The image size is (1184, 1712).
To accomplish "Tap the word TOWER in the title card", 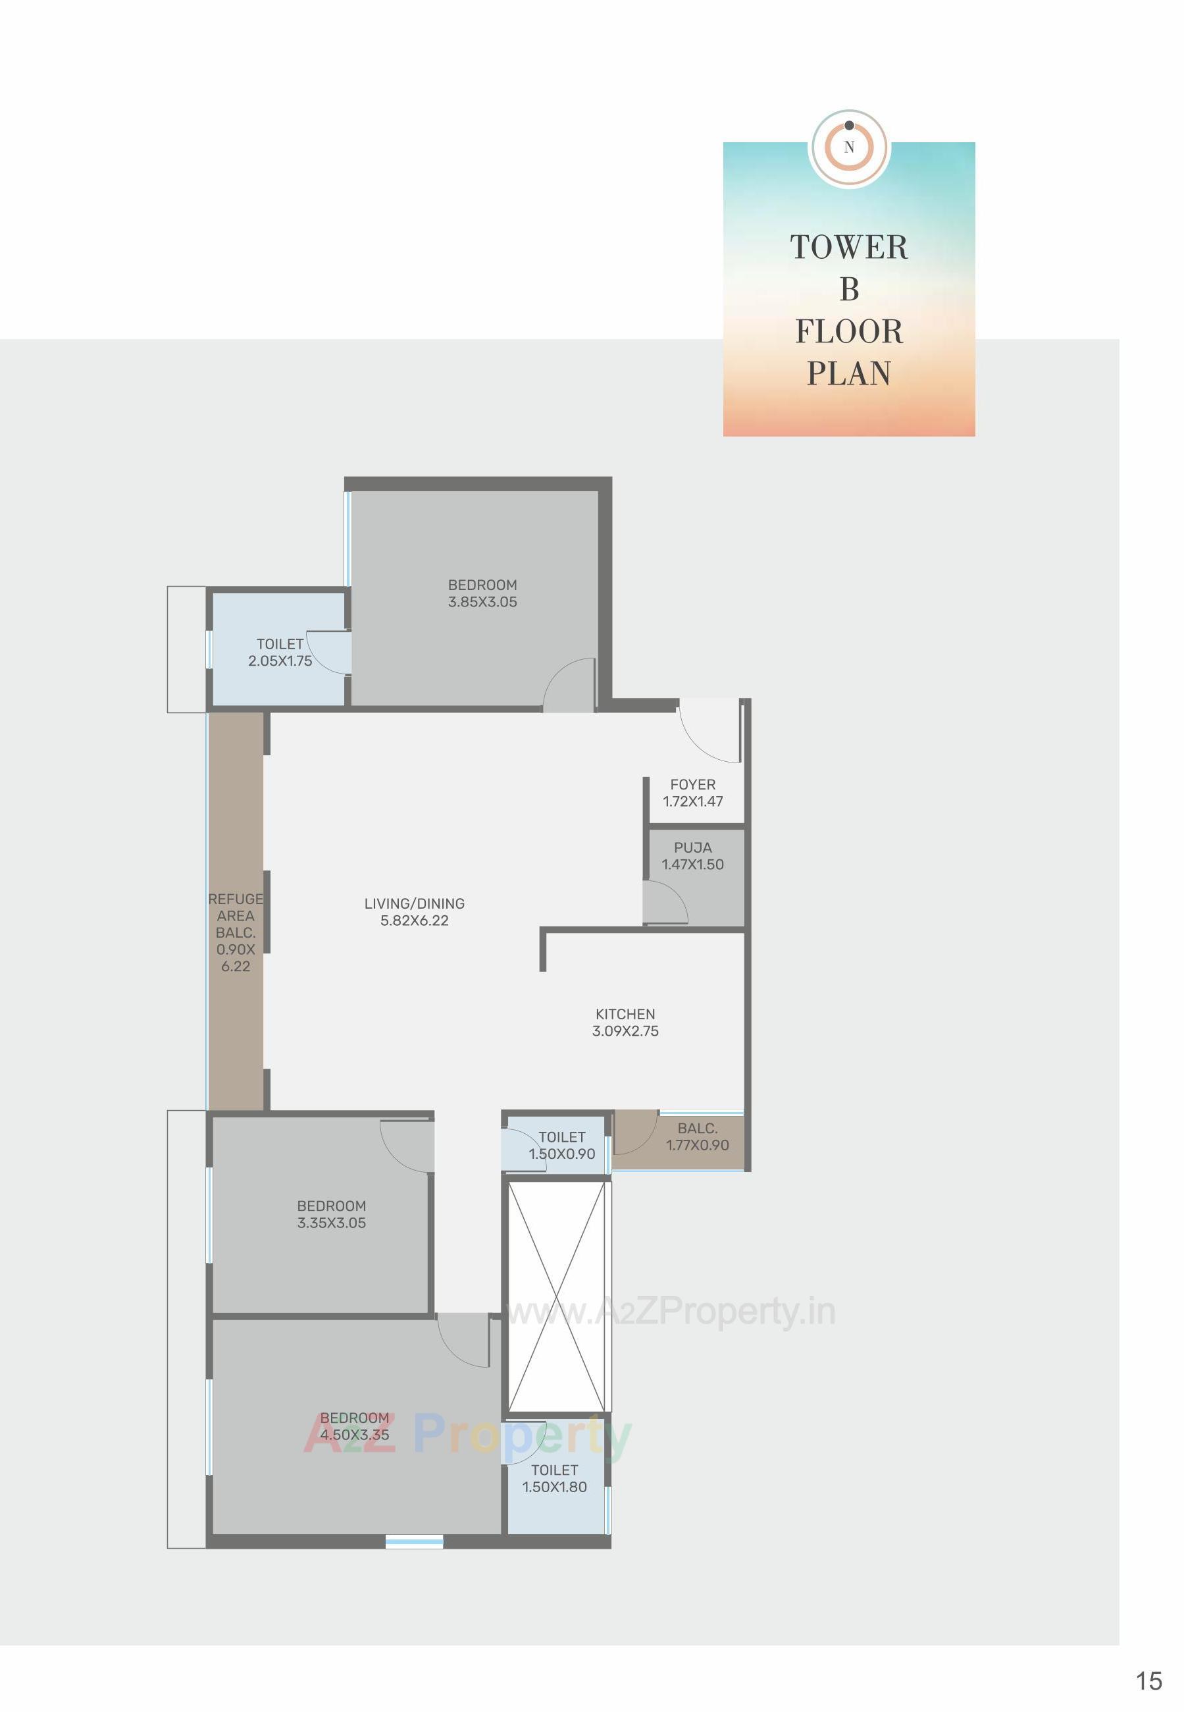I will coord(849,248).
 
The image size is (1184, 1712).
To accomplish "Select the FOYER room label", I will coord(692,784).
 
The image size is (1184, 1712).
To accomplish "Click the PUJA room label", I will coord(692,847).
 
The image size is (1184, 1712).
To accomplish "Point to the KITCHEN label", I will coord(625,1013).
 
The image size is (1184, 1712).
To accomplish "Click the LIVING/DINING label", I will coord(414,903).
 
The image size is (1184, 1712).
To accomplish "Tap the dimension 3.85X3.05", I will coord(482,602).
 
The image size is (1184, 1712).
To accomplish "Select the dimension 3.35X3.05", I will coord(332,1223).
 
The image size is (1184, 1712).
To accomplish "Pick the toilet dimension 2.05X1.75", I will coord(280,660).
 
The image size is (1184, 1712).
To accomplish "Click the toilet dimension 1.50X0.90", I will coord(561,1154).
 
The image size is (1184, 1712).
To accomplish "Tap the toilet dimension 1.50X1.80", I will coord(554,1486).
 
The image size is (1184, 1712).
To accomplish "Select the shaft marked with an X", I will coord(557,1297).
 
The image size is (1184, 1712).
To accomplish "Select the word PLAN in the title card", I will coord(849,373).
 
